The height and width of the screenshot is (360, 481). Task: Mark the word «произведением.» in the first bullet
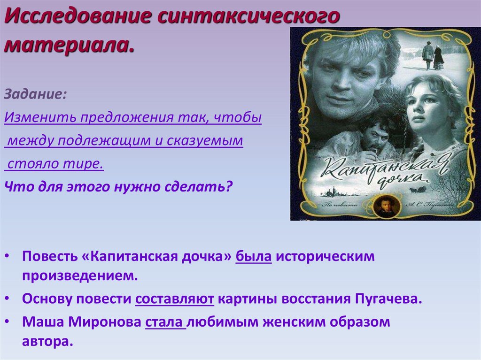pos(80,276)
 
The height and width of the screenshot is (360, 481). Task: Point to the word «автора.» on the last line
pos(47,341)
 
